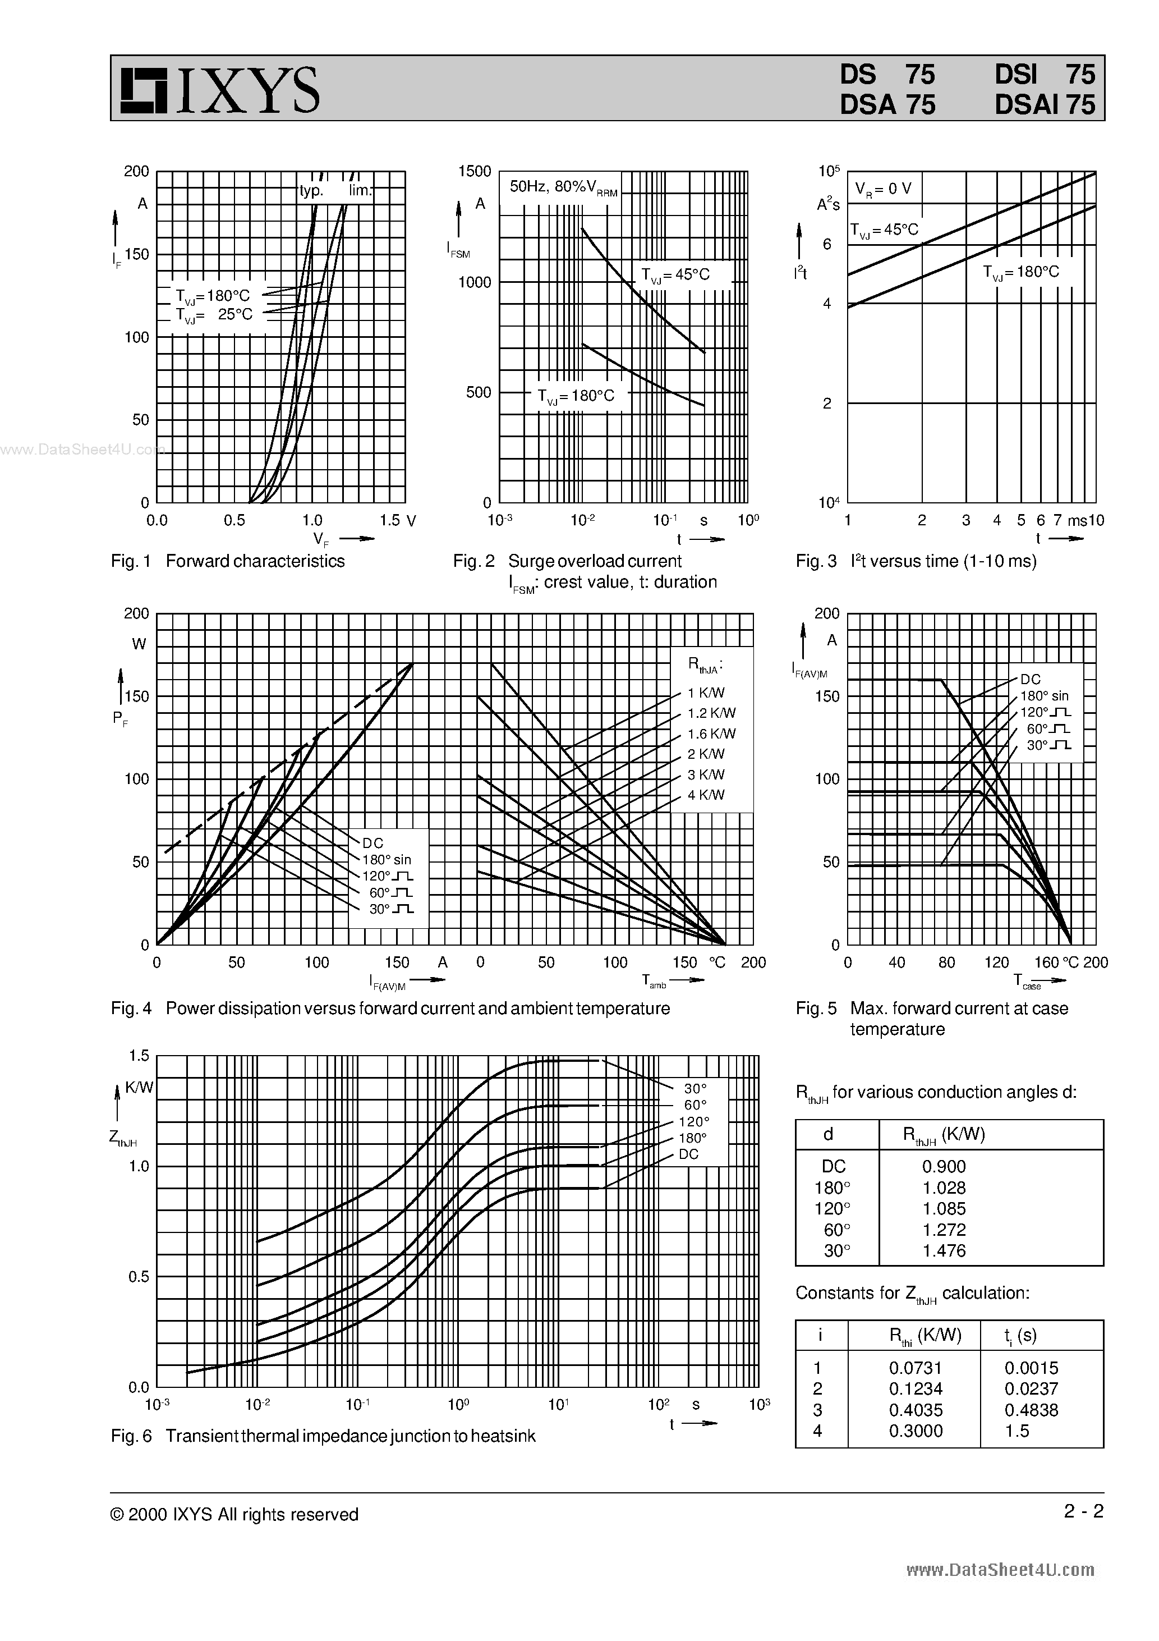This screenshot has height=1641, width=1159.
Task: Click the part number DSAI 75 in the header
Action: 1044,105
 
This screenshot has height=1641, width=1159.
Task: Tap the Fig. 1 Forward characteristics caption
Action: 228,561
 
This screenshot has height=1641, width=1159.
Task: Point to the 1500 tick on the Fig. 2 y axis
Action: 475,172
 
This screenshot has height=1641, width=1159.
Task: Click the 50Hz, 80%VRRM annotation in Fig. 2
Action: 562,187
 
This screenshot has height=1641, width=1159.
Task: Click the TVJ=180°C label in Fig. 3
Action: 1020,272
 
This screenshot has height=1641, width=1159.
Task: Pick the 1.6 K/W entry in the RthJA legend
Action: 711,734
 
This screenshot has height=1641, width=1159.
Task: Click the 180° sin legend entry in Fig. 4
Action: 387,860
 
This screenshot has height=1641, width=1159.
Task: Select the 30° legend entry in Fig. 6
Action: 695,1089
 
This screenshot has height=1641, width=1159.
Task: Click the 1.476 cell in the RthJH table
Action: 943,1251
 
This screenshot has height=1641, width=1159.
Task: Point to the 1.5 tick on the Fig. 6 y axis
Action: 139,1056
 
